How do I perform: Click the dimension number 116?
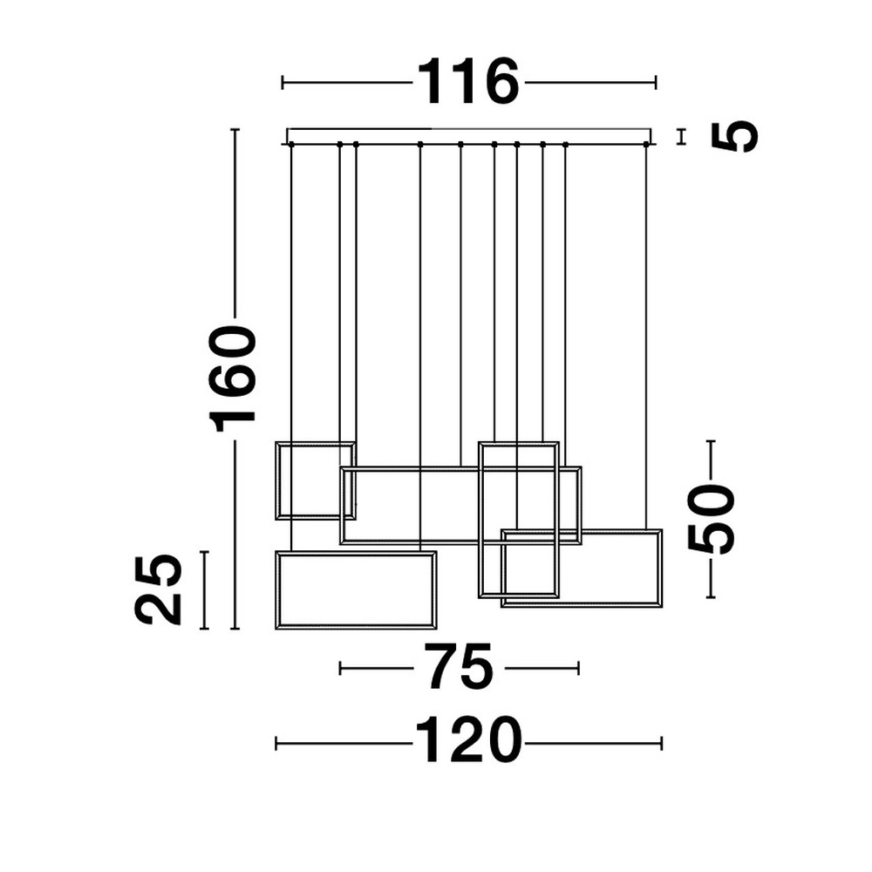pos(469,83)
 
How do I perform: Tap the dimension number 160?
pos(234,378)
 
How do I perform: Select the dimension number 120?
pos(468,743)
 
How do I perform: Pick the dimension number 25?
pos(159,589)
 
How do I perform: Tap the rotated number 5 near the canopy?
pos(734,137)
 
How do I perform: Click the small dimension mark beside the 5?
pos(682,136)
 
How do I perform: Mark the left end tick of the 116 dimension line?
pos(283,83)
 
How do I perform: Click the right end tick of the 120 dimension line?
pos(662,743)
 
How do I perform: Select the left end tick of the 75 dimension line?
pos(340,669)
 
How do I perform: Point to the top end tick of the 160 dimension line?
pos(235,130)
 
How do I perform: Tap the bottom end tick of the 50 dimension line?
pos(712,597)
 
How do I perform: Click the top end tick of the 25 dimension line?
pos(204,552)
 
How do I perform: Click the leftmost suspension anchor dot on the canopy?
pos(290,144)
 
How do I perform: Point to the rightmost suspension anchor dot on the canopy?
pos(647,144)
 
